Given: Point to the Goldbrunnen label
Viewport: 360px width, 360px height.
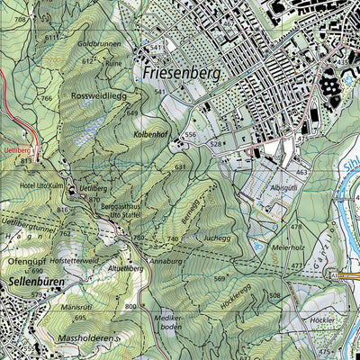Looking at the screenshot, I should point(99,43).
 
